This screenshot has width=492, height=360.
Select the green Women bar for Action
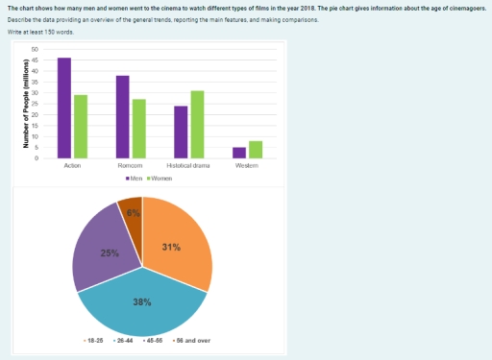[81, 126]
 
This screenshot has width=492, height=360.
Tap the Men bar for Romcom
[123, 116]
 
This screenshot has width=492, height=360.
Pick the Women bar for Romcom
[139, 128]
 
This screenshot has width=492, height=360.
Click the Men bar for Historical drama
[181, 132]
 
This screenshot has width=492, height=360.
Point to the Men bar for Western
[239, 153]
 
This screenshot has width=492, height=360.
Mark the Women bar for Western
[256, 149]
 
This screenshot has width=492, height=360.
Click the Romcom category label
[131, 167]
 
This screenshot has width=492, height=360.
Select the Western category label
[247, 167]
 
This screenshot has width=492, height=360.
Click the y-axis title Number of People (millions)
[26, 103]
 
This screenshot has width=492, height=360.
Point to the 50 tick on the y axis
[36, 48]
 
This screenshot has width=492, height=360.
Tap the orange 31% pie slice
[176, 245]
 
